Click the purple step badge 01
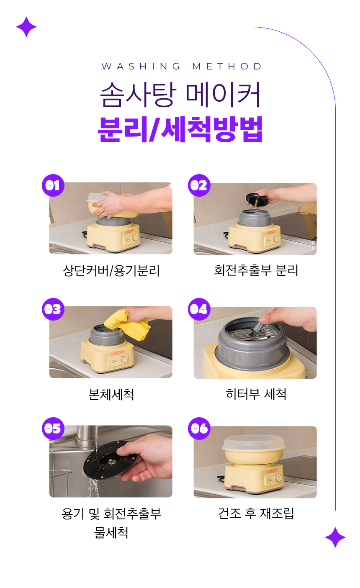[53, 185]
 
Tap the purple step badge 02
[199, 185]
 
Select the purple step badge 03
[53, 309]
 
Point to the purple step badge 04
[199, 309]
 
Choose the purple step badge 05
[53, 429]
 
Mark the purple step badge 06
[199, 429]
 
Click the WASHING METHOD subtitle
[181, 67]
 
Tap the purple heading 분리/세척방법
[180, 129]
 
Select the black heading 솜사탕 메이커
[180, 95]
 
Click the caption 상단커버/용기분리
[111, 270]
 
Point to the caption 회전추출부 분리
[256, 270]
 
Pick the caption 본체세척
[111, 394]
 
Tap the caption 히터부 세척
[256, 394]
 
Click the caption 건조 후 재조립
[256, 514]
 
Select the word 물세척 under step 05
[111, 533]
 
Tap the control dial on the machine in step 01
[134, 238]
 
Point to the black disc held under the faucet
[110, 460]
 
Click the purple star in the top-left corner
[26, 27]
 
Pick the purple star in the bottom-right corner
[335, 537]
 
